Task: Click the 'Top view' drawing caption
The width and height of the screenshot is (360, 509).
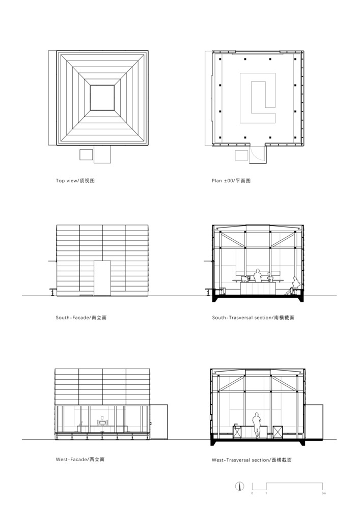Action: (75, 181)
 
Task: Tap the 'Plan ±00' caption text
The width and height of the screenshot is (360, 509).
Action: (231, 181)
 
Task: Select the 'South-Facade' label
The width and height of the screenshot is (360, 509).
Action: (81, 318)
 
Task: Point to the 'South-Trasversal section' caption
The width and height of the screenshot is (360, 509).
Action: (253, 318)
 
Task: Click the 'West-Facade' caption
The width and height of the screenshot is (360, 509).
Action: (80, 459)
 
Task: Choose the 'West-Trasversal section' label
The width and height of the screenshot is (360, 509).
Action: (252, 460)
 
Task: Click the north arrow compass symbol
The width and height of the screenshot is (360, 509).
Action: (239, 486)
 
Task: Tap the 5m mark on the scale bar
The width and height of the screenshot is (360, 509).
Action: (323, 493)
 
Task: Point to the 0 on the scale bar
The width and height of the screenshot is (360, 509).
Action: (252, 493)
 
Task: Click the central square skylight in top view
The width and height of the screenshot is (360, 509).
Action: (102, 98)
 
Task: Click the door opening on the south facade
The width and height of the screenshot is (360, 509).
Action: (102, 278)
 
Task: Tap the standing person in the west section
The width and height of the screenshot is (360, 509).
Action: (257, 425)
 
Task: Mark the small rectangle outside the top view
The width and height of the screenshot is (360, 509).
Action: (86, 155)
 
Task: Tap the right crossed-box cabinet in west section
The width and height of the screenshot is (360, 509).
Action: (278, 432)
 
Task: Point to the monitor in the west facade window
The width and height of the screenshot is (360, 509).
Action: (102, 421)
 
